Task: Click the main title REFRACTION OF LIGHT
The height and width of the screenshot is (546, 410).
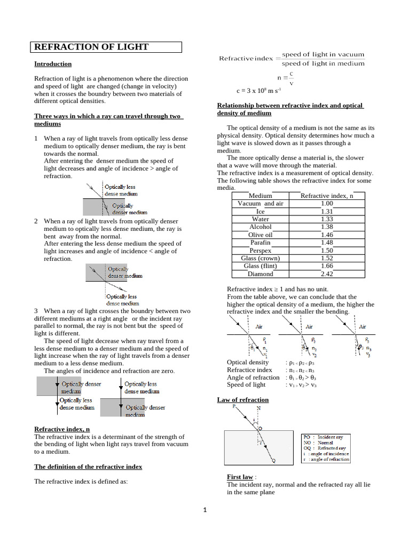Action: point(91,47)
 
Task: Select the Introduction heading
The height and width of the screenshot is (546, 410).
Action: point(53,64)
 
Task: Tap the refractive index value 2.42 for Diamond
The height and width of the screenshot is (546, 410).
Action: point(327,274)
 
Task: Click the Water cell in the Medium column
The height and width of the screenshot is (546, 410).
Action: point(260,219)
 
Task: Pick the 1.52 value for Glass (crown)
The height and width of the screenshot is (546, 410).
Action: point(327,258)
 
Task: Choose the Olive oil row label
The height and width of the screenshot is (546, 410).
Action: point(260,235)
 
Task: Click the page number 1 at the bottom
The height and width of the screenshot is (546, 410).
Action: point(204,510)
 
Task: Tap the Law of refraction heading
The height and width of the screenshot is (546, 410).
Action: point(243,400)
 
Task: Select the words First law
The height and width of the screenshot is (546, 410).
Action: point(240,477)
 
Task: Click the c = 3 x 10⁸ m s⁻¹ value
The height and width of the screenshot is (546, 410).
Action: point(258,91)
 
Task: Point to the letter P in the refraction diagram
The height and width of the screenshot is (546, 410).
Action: point(234,406)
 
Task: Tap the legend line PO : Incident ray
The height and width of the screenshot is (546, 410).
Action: point(326,437)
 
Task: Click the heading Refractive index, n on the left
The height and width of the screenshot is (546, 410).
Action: point(62,429)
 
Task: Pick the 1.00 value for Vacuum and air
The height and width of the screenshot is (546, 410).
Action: point(327,204)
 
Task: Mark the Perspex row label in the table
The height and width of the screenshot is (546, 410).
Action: point(260,251)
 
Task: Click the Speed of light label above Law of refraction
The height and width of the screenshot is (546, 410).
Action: point(246,385)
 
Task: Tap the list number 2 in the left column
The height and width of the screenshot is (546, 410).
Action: point(36,221)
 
